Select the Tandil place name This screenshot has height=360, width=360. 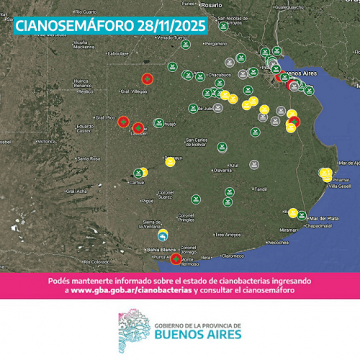[261, 189]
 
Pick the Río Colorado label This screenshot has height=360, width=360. [95, 261]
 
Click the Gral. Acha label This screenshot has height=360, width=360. [76, 191]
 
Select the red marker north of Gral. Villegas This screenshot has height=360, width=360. [147, 78]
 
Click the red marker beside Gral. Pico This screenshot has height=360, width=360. [123, 122]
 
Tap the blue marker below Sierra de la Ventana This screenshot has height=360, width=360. [164, 236]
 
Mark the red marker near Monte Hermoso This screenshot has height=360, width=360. [176, 258]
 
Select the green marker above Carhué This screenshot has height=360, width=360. [138, 173]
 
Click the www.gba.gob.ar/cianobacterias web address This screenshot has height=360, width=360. [132, 289]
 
